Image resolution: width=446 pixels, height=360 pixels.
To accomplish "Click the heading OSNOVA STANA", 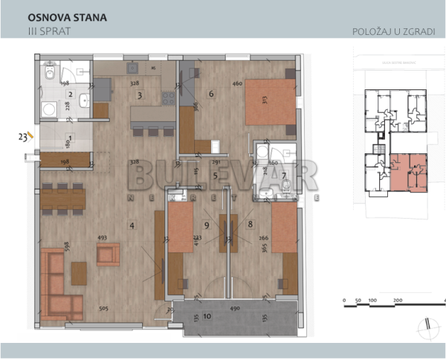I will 66,16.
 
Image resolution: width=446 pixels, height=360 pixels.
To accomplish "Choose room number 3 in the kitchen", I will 139,95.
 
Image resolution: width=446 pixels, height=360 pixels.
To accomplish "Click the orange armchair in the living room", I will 108,255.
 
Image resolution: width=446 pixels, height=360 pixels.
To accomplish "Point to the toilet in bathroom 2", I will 48,74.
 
